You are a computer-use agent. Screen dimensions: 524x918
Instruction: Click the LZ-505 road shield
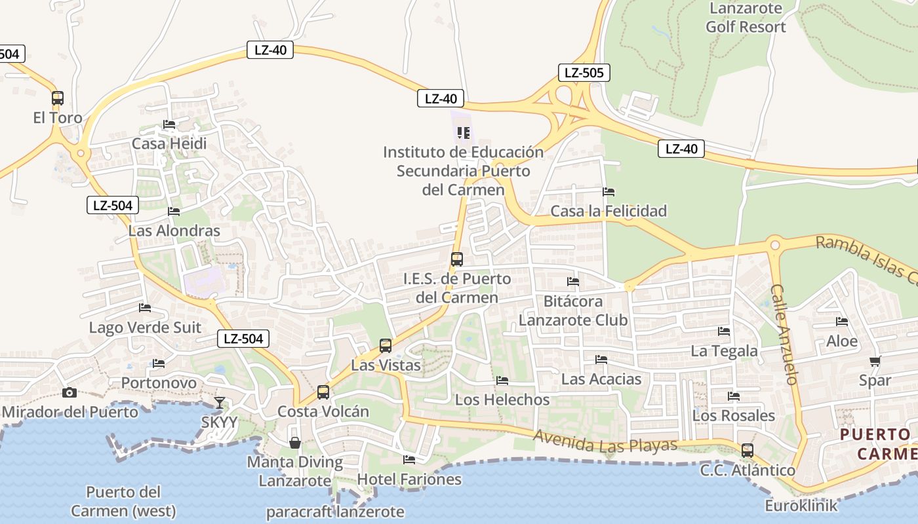point(584,73)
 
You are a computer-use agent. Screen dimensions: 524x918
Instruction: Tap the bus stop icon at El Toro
point(58,98)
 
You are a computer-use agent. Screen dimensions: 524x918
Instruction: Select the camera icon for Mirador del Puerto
point(69,392)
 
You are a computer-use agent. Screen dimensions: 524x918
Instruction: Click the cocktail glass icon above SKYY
point(219,402)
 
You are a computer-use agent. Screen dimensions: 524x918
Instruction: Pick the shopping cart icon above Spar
point(875,361)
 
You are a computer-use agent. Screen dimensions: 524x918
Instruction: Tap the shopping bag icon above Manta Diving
point(295,443)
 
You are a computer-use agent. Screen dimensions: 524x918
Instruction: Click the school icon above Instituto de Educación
point(464,133)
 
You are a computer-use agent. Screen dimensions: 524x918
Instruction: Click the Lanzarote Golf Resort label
point(746,18)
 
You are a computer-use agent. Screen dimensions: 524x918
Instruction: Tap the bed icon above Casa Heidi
point(169,124)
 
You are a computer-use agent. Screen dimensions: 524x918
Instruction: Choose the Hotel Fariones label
point(409,479)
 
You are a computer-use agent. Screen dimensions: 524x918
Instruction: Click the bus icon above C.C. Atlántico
point(748,451)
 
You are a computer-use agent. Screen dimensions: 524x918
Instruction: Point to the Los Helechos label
point(502,399)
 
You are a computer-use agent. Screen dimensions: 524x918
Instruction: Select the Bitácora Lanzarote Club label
point(573,310)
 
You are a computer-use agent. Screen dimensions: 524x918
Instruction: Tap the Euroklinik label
point(801,506)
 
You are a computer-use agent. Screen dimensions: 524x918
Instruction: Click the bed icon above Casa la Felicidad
point(609,192)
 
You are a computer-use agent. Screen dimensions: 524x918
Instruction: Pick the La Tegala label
point(724,351)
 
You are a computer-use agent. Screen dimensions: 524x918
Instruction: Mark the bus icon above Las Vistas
point(386,346)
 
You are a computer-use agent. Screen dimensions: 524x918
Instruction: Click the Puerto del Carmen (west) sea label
point(123,501)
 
